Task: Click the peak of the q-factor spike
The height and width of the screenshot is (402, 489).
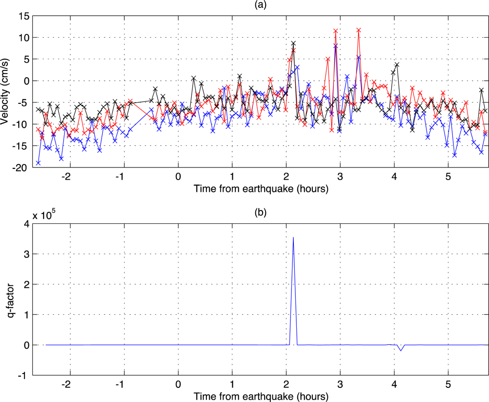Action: pyautogui.click(x=293, y=237)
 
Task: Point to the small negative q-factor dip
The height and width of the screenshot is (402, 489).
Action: pyautogui.click(x=401, y=350)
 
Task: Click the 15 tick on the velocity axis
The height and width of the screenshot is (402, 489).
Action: pyautogui.click(x=24, y=16)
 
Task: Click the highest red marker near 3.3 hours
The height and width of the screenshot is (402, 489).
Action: pyautogui.click(x=359, y=30)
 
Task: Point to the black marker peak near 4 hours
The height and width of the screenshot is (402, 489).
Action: pyautogui.click(x=397, y=64)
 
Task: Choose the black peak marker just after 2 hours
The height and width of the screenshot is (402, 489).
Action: pyautogui.click(x=293, y=43)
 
